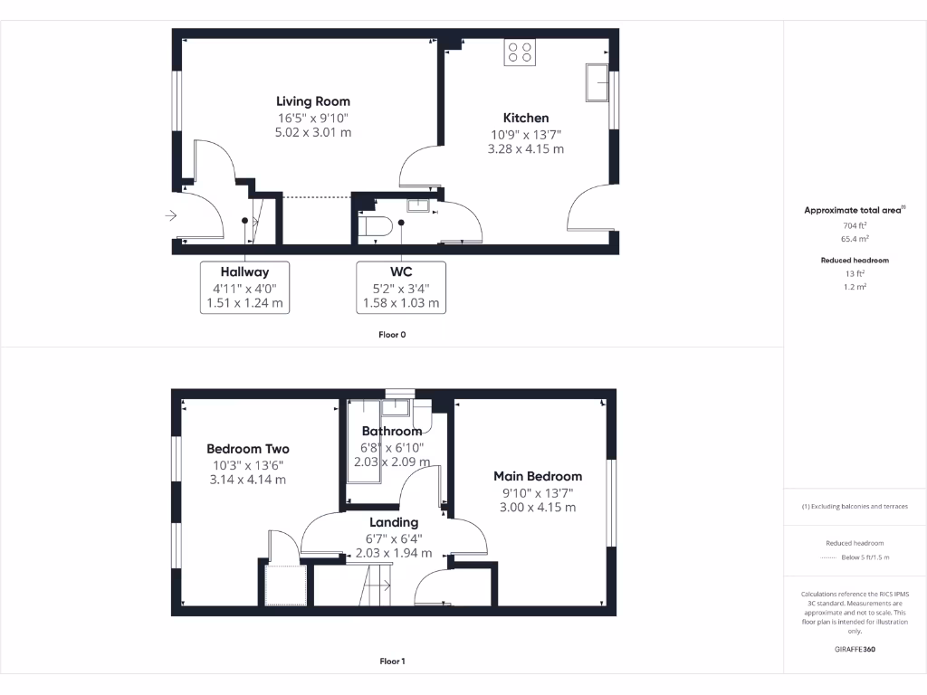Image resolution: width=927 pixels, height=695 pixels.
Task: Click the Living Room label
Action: [x=312, y=101]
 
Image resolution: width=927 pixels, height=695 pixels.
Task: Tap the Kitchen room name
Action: [x=526, y=118]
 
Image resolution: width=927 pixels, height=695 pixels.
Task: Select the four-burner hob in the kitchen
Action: [x=521, y=52]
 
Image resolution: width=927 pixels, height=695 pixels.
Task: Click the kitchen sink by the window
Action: [x=597, y=83]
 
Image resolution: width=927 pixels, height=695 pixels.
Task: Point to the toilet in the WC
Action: [x=375, y=226]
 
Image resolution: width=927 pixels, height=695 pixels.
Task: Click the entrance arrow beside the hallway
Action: [x=169, y=215]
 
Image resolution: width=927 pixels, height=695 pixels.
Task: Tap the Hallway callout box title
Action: [x=244, y=271]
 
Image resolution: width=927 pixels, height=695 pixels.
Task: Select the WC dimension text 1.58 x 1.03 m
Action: [x=401, y=303]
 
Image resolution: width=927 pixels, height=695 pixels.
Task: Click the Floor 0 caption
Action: [x=392, y=335]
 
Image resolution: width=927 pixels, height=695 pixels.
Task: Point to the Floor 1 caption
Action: [x=392, y=662]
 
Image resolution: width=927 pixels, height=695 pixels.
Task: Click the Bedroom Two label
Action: [x=248, y=449]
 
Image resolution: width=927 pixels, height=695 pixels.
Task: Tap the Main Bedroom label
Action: [x=538, y=476]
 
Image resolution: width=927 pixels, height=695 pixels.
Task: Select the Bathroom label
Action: [x=392, y=432]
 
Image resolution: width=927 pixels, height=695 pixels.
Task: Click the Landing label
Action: [x=394, y=522]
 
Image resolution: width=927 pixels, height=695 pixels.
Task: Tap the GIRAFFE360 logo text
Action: [x=855, y=649]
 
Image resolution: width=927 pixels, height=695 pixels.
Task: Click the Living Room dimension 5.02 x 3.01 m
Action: [x=312, y=132]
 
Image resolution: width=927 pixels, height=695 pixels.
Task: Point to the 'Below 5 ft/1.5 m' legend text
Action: [x=865, y=557]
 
